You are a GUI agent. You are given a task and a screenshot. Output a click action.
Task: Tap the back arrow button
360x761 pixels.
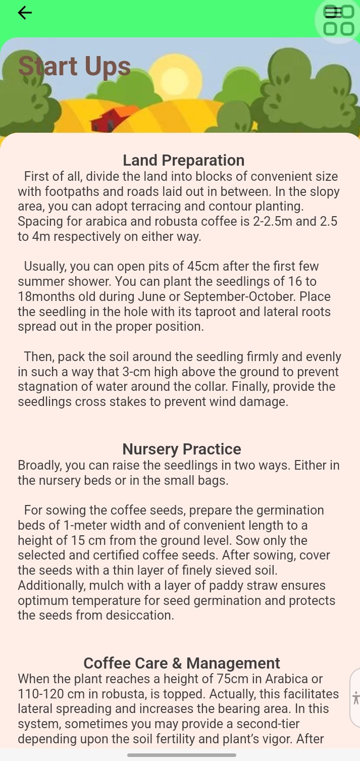[x=25, y=13]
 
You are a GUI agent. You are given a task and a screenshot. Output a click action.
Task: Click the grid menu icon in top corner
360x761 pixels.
[x=338, y=20]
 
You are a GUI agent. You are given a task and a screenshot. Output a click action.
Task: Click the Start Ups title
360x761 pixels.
[x=74, y=67]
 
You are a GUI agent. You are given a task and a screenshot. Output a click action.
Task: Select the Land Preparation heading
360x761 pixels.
[x=184, y=160]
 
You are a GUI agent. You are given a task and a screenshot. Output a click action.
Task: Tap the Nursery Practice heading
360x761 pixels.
[x=182, y=449]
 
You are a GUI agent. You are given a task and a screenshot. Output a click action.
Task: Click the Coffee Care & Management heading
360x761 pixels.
[x=182, y=663]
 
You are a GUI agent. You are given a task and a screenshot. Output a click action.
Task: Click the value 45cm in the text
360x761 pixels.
[x=202, y=267]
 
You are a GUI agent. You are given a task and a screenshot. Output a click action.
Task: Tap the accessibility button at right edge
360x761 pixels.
[x=355, y=698]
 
